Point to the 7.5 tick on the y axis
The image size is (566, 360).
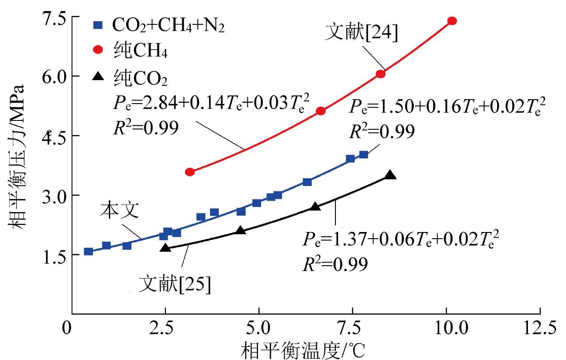pyautogui.click(x=51, y=18)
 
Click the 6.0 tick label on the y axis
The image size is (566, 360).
pyautogui.click(x=51, y=76)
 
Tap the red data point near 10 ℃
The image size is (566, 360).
pyautogui.click(x=452, y=21)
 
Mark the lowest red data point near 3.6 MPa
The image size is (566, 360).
pyautogui.click(x=190, y=172)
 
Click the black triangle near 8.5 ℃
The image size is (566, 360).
pyautogui.click(x=390, y=175)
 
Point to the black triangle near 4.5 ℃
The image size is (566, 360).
pyautogui.click(x=240, y=230)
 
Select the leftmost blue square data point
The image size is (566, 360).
pyautogui.click(x=89, y=252)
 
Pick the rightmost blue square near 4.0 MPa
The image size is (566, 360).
pyautogui.click(x=363, y=155)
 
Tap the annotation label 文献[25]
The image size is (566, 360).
pyautogui.click(x=174, y=283)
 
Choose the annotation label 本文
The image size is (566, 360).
pyautogui.click(x=119, y=211)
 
